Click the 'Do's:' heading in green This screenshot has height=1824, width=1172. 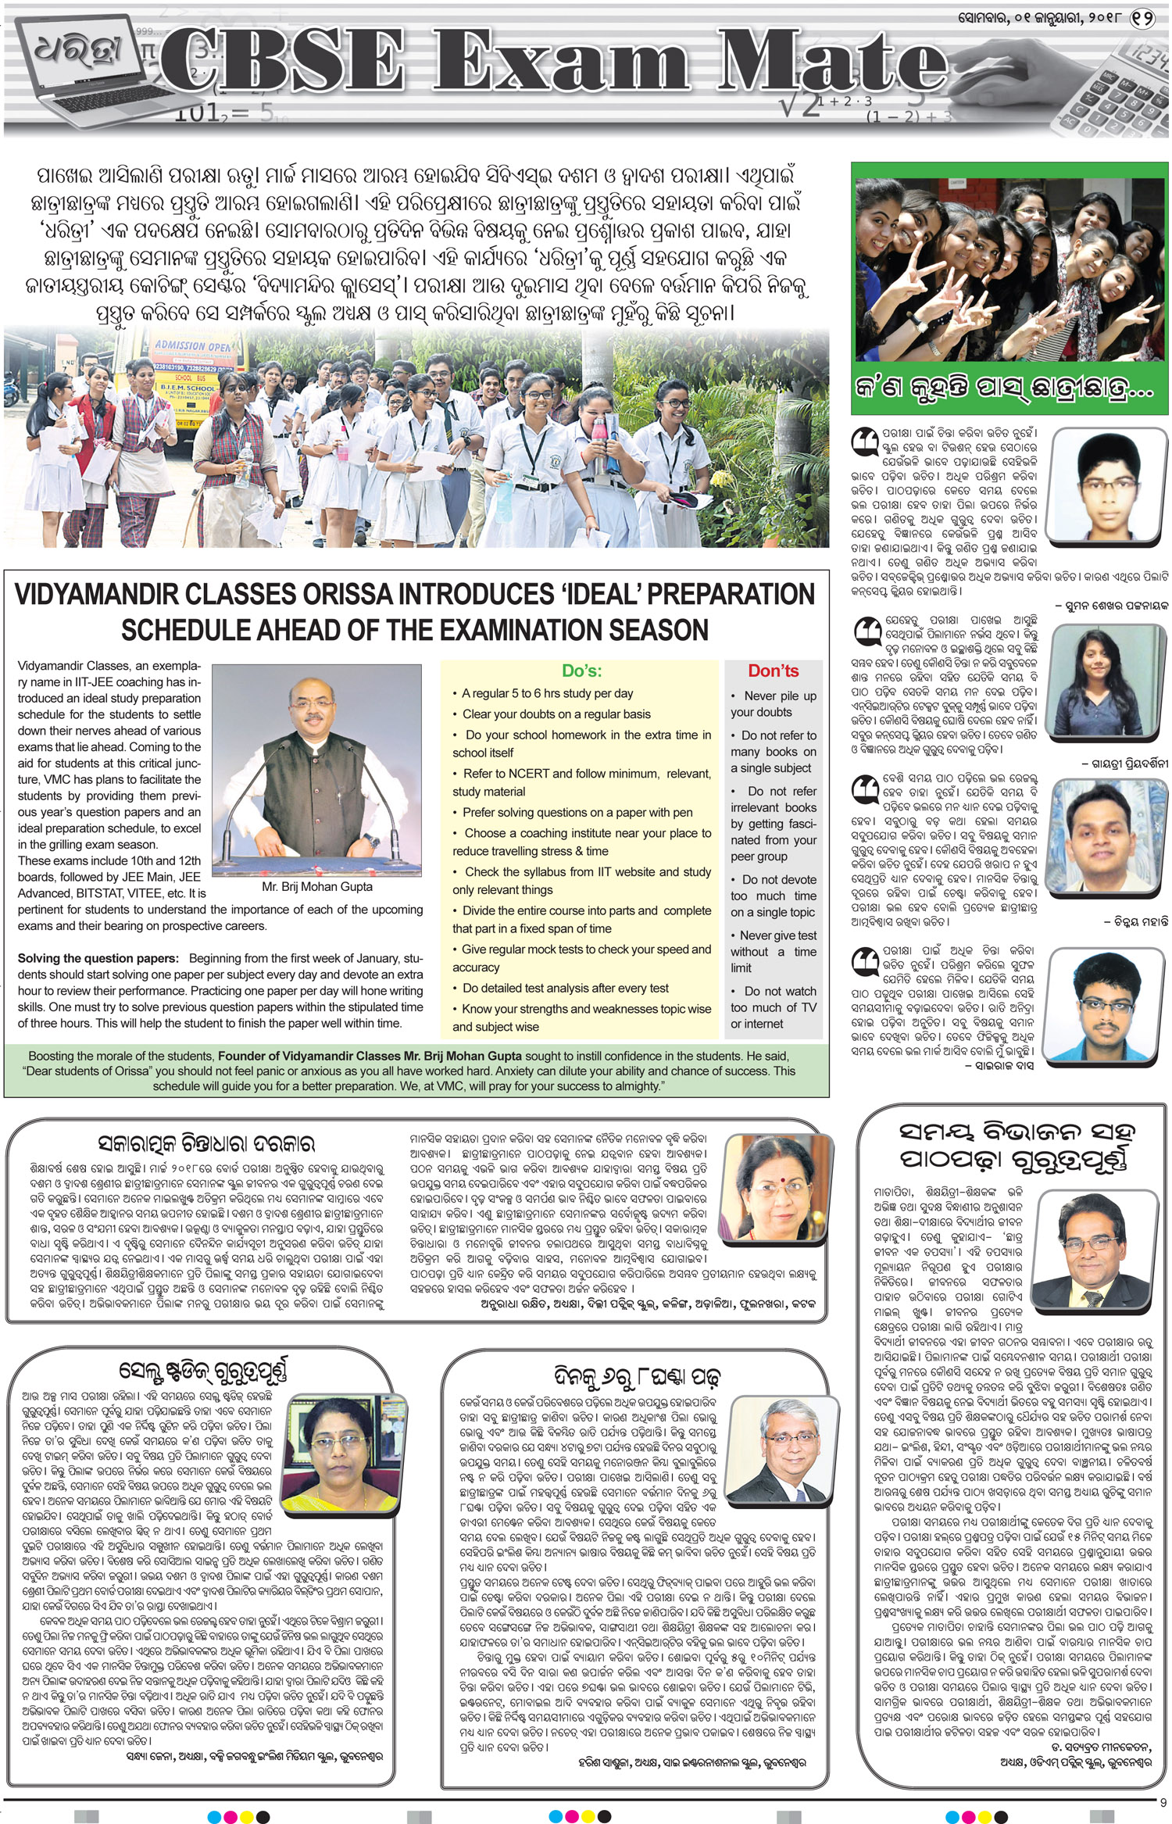click(581, 671)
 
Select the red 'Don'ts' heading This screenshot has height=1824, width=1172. click(773, 671)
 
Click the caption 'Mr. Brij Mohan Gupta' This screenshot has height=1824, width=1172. click(317, 887)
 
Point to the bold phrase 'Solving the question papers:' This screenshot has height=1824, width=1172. click(98, 958)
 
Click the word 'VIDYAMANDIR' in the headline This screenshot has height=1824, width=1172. click(114, 594)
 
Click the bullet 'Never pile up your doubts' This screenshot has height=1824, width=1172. click(773, 703)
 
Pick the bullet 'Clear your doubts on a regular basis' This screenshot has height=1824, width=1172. click(556, 714)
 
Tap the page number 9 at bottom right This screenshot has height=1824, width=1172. click(1163, 1802)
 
